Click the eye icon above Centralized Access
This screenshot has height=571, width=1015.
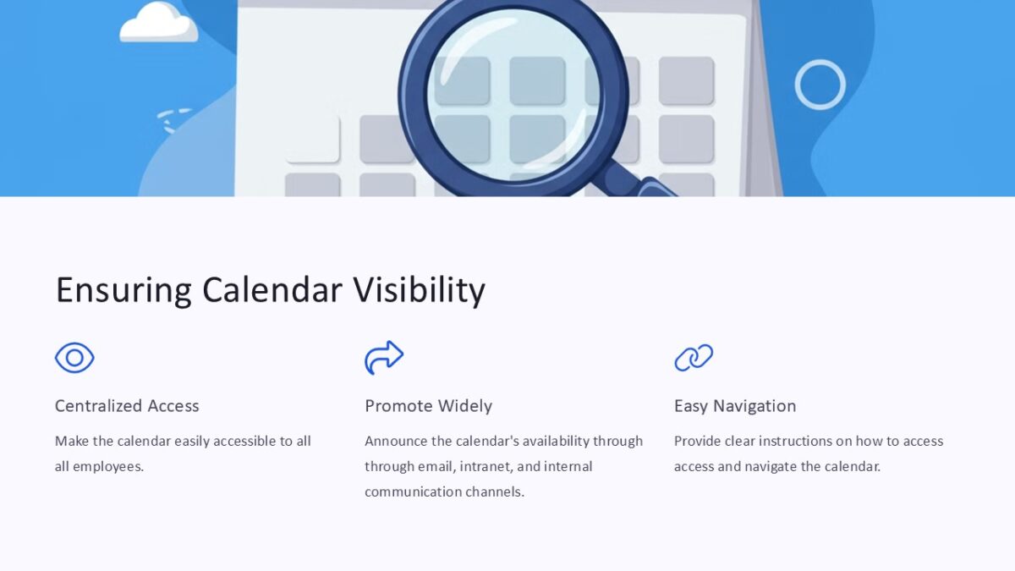tap(74, 358)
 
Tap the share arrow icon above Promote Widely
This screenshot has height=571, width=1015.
tap(384, 358)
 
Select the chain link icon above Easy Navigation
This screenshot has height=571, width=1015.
tap(694, 358)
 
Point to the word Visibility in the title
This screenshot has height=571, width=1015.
tap(419, 290)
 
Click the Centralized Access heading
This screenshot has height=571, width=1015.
tap(127, 406)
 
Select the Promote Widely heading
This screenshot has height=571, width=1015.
tap(428, 406)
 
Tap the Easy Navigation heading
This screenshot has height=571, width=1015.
tap(735, 406)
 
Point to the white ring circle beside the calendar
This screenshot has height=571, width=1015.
tap(820, 85)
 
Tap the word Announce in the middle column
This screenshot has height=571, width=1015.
tap(396, 441)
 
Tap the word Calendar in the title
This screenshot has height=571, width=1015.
tap(272, 290)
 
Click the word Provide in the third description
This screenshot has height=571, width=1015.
tap(699, 441)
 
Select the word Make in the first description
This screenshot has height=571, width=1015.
tap(70, 441)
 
